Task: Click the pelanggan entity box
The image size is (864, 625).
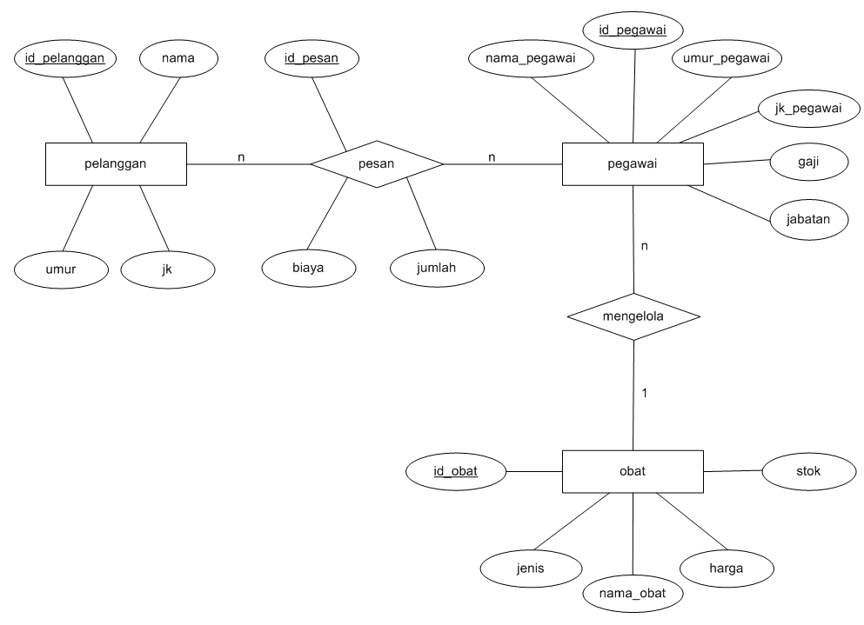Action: coord(116,163)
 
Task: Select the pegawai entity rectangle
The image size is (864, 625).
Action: coord(633,163)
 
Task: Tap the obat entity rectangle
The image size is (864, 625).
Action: coord(633,472)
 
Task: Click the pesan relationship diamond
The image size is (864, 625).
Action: coord(378,163)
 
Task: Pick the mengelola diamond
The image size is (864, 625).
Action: coord(633,317)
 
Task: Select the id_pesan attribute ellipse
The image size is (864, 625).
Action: coord(311,59)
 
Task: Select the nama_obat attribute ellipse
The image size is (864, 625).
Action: coord(633,594)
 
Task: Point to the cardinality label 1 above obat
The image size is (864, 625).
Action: coord(644,393)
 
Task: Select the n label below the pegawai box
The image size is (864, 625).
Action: coord(644,246)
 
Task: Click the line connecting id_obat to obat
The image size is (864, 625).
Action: coord(534,472)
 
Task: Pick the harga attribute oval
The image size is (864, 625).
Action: coord(727,568)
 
